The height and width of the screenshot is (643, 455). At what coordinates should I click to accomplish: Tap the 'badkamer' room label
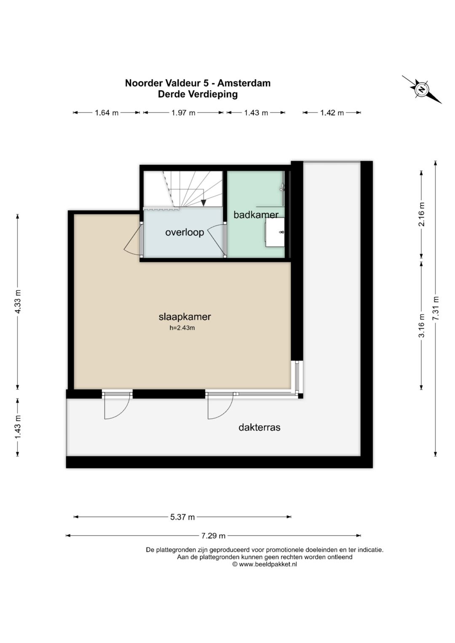[x=256, y=215]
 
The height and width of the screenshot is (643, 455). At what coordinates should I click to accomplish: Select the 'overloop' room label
[x=185, y=232]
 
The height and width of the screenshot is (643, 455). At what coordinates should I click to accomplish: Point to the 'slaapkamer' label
[x=185, y=317]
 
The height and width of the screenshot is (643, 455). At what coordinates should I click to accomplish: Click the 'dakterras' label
[x=260, y=427]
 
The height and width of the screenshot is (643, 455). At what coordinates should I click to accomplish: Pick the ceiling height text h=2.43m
[x=182, y=328]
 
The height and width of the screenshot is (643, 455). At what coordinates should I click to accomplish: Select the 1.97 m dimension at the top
[x=183, y=113]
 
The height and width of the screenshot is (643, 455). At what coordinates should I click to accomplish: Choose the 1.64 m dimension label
[x=107, y=113]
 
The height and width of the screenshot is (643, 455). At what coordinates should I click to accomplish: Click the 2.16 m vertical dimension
[x=421, y=214]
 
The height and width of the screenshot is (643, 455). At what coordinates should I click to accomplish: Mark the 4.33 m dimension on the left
[x=18, y=302]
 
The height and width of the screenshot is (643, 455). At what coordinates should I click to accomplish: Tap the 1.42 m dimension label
[x=332, y=113]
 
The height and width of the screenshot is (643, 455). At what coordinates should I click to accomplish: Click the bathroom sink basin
[x=275, y=232]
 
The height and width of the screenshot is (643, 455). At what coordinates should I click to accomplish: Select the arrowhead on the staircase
[x=203, y=203]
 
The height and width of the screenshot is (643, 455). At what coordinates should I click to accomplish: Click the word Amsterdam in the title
[x=244, y=83]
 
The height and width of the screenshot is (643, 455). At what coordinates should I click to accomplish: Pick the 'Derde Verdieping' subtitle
[x=198, y=94]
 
